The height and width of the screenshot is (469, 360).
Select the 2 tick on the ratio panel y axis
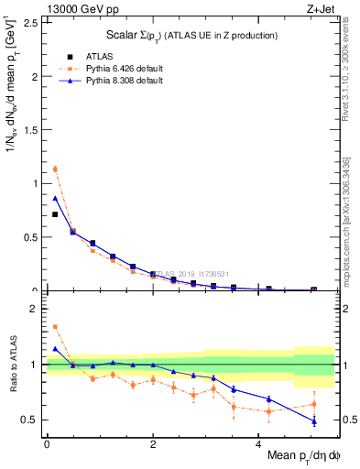point(37,309)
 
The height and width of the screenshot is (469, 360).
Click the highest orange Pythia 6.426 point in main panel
point(55,169)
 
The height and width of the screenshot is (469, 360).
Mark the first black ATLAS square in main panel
point(55,214)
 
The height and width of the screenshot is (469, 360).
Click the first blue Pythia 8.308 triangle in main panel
point(55,198)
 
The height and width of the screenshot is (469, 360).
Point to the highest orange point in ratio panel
point(55,326)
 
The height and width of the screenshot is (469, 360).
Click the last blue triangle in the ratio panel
point(314,421)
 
